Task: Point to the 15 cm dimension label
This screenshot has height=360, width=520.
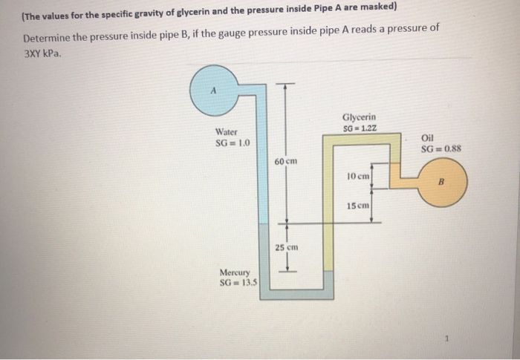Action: point(358,205)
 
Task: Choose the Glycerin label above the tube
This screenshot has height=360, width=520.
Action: point(359,117)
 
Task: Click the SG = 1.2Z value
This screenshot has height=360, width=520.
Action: point(360,128)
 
